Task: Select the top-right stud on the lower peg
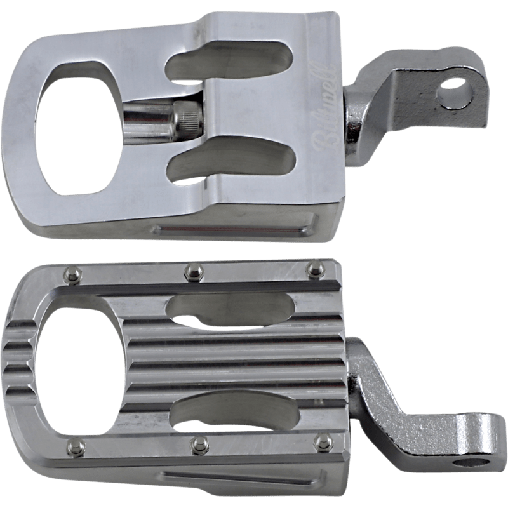(x=312, y=271)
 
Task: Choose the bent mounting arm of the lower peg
(x=406, y=419)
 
